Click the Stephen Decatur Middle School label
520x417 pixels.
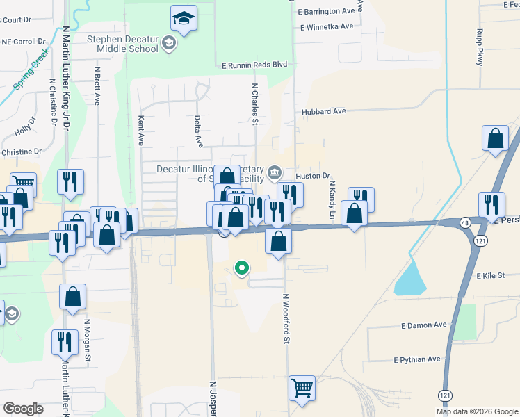click(124, 44)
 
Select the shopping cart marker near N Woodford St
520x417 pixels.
click(302, 389)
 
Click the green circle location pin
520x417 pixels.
click(242, 267)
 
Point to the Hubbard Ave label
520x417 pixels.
click(323, 111)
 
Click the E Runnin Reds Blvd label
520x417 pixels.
click(254, 65)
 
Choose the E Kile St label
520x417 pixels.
click(489, 276)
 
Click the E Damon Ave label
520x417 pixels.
click(424, 325)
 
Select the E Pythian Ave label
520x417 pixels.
click(417, 360)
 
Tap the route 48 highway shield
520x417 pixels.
click(464, 222)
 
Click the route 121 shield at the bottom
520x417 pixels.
click(445, 395)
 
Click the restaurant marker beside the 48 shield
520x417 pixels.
click(491, 205)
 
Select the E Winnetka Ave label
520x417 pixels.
click(327, 27)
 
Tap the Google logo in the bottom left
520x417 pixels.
click(23, 409)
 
